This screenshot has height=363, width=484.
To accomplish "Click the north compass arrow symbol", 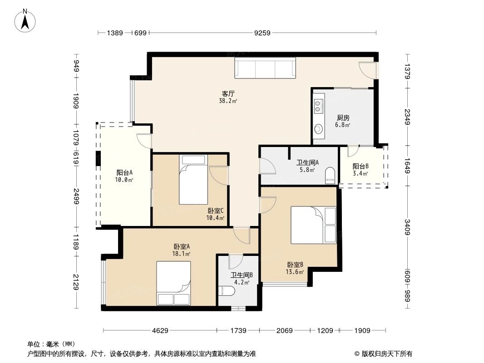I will [26, 20].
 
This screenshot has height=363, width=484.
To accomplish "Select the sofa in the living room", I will [265, 69].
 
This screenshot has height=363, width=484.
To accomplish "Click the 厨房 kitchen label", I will [343, 117].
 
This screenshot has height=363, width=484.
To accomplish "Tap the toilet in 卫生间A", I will [330, 175].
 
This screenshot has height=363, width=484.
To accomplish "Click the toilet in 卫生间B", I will [226, 291].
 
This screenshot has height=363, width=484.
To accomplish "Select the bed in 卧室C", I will [193, 179].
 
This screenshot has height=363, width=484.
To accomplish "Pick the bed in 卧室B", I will [314, 225].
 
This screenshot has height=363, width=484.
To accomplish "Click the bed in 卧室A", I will [173, 283].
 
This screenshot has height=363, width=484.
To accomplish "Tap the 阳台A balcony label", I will [124, 173].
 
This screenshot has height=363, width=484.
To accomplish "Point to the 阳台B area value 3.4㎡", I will [361, 173].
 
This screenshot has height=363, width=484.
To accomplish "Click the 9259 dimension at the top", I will [262, 33].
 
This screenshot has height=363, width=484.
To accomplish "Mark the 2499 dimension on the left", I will [77, 198].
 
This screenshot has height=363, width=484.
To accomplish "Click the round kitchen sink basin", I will [318, 129].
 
